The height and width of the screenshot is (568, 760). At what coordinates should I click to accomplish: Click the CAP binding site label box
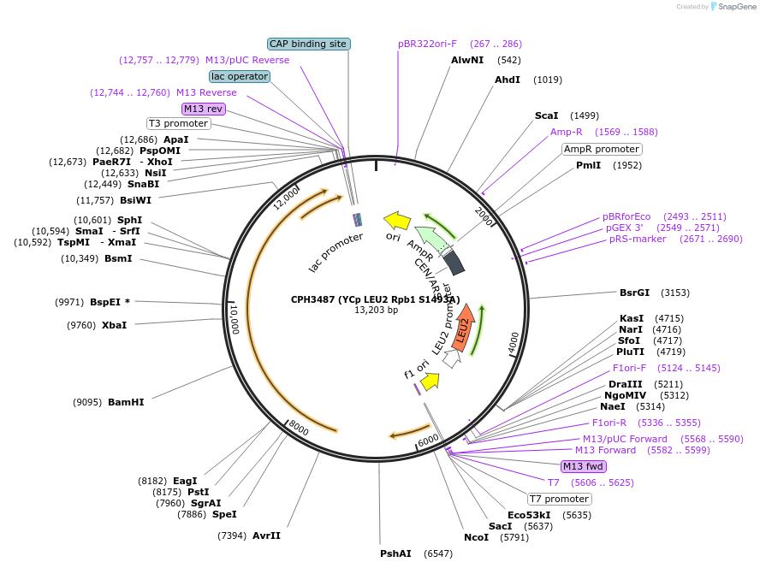click(x=309, y=44)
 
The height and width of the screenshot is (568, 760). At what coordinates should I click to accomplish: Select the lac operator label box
click(x=240, y=76)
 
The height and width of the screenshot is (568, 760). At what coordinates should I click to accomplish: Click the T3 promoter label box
click(x=178, y=123)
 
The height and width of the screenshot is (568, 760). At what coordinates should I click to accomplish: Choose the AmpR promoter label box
click(x=601, y=149)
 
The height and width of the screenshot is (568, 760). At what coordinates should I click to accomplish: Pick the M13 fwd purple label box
click(x=583, y=466)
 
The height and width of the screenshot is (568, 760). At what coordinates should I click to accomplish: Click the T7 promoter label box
click(x=558, y=499)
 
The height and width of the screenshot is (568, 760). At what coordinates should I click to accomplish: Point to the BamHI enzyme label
click(x=126, y=401)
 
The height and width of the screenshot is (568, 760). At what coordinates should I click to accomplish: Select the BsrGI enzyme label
click(x=634, y=293)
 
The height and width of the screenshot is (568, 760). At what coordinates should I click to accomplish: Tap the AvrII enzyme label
click(x=266, y=535)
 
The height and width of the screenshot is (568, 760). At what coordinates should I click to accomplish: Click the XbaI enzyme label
click(x=114, y=325)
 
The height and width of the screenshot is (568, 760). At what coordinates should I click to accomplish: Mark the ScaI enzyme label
click(x=547, y=115)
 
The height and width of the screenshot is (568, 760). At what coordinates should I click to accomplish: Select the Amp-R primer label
click(x=567, y=132)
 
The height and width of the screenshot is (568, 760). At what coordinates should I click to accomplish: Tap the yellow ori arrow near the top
click(x=397, y=221)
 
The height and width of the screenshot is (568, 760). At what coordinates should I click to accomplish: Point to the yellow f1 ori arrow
click(x=430, y=379)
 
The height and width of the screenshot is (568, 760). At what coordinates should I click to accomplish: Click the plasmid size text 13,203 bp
click(x=377, y=310)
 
